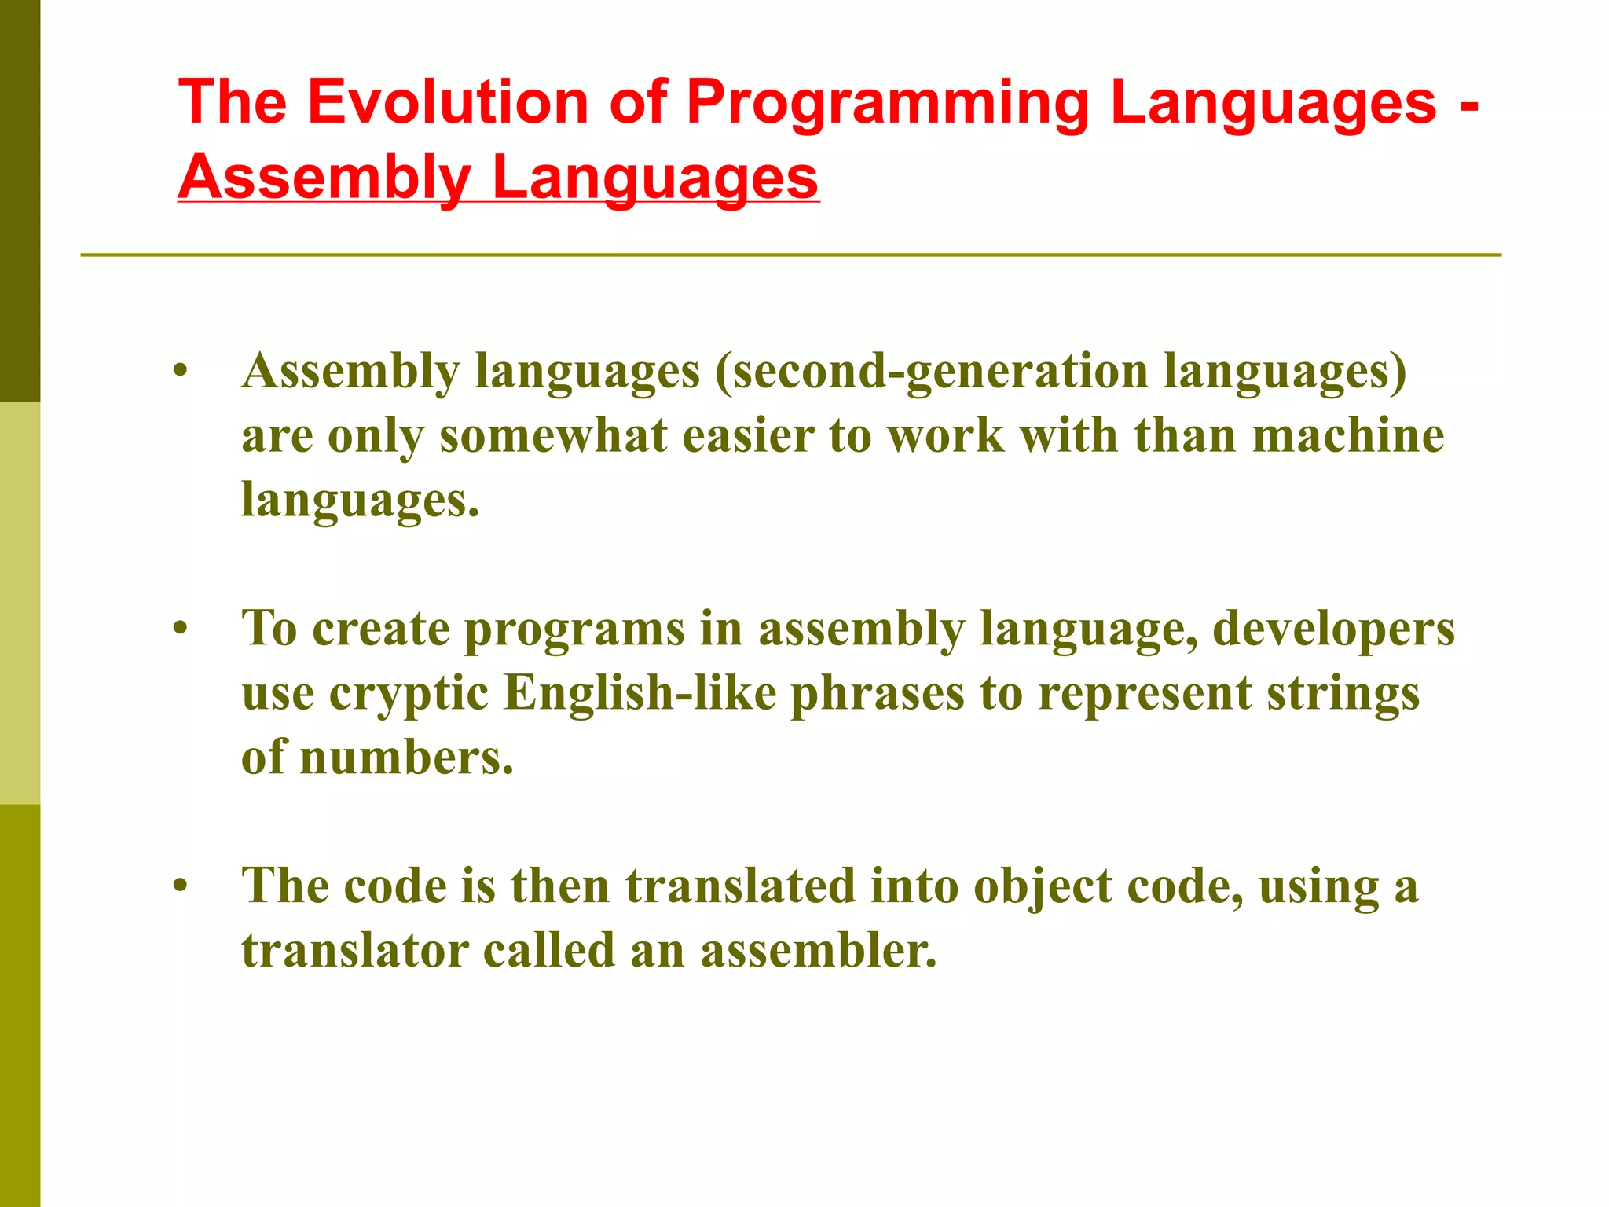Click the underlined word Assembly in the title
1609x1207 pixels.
pos(324,178)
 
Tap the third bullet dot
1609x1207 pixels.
pos(181,886)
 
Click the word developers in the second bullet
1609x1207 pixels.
pos(1333,630)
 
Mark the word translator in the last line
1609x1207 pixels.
pos(355,951)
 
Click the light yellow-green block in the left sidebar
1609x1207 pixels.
pos(20,603)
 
